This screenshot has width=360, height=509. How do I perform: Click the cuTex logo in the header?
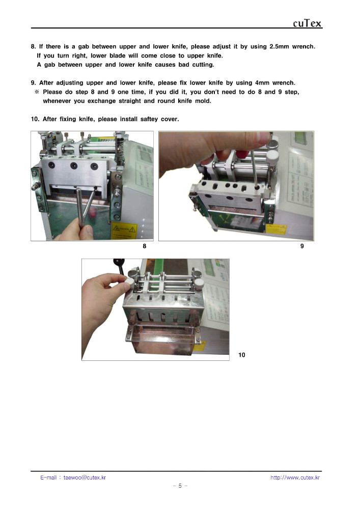[307, 23]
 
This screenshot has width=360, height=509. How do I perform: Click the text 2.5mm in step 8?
[279, 46]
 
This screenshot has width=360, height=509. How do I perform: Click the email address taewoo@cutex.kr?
[85, 477]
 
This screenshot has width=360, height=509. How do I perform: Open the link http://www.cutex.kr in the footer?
[295, 477]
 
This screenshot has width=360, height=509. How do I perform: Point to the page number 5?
[180, 486]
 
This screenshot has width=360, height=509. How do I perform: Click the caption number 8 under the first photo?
[145, 246]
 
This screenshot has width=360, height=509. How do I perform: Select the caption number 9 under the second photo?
[302, 246]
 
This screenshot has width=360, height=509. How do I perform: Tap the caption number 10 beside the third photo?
[242, 355]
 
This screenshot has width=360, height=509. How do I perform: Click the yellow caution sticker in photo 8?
[124, 231]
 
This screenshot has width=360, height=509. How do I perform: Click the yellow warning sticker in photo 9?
[276, 229]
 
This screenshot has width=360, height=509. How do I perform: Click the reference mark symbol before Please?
[37, 92]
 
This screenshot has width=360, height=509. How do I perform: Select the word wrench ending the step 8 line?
[303, 46]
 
